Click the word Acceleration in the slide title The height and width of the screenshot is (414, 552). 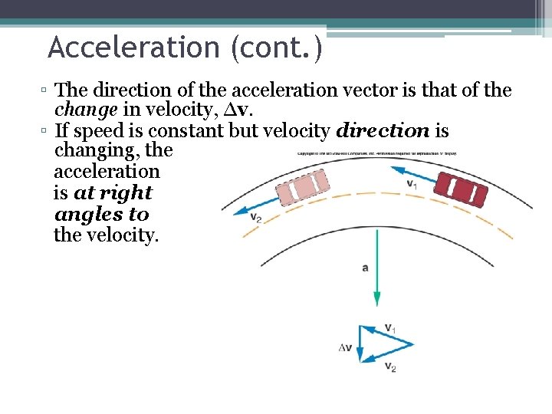[x=133, y=48]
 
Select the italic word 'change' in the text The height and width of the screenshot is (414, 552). [x=86, y=110]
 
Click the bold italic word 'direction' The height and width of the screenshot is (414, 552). [x=383, y=131]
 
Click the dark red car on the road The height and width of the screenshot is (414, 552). [x=460, y=189]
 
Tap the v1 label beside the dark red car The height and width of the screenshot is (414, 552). [x=412, y=184]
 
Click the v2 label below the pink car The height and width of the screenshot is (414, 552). [x=256, y=217]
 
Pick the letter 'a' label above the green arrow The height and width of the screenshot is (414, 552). [x=365, y=268]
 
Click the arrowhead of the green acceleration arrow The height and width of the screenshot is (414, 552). [x=376, y=301]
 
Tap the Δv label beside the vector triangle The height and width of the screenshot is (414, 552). [x=345, y=347]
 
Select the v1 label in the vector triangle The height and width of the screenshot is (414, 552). [x=390, y=329]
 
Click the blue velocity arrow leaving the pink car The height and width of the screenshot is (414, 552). [x=249, y=203]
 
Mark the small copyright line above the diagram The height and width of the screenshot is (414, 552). [x=376, y=153]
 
